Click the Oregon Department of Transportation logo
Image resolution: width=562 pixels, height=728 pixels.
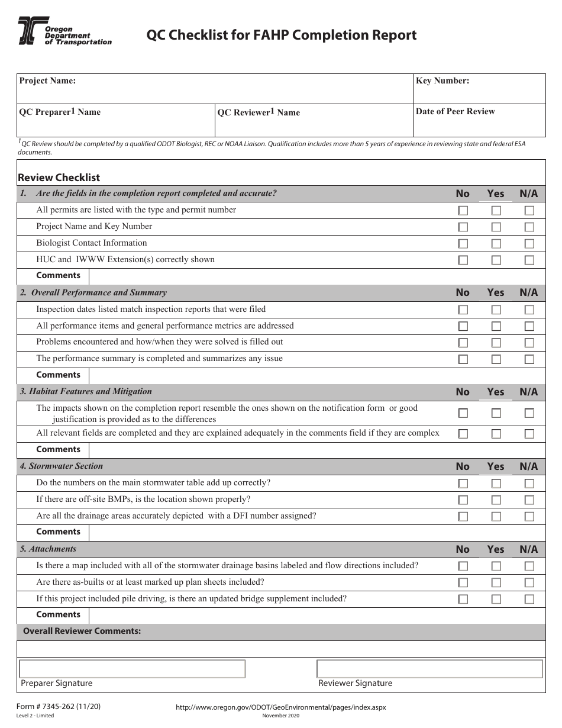(64, 31)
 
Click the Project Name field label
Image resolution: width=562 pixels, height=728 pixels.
(47, 81)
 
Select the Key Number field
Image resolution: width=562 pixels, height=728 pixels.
(479, 89)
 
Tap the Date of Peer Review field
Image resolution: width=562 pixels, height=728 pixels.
(479, 121)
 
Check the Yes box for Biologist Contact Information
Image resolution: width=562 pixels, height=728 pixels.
(496, 243)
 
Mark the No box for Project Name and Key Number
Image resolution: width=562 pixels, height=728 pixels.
(463, 227)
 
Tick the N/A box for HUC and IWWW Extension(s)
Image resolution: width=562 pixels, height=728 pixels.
(529, 260)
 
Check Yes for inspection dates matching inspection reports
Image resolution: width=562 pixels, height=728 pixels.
(496, 310)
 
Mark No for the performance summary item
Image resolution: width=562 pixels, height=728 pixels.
(463, 359)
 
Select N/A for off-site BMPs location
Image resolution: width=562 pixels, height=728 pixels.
(529, 500)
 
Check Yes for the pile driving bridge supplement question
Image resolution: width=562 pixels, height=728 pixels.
(496, 599)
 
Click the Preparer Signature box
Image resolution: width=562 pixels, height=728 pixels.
(132, 669)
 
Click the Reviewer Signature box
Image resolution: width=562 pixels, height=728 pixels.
(429, 669)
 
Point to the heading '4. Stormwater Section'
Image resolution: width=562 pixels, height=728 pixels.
(62, 466)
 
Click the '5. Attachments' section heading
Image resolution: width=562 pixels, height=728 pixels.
(48, 549)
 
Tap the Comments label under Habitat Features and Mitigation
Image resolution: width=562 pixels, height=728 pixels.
(58, 449)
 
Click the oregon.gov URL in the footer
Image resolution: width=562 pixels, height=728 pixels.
(281, 707)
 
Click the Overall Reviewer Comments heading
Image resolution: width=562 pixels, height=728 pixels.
(82, 632)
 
